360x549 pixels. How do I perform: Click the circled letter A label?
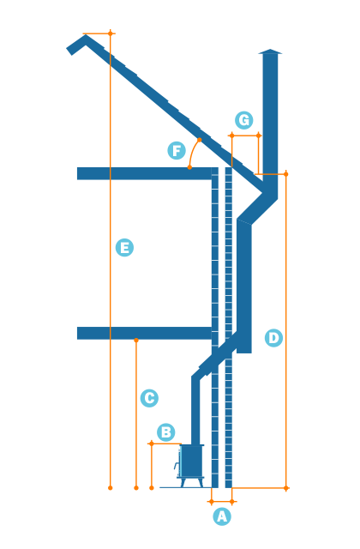(x=222, y=516)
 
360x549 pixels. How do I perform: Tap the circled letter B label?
(x=166, y=432)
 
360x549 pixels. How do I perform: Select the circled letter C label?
(x=149, y=398)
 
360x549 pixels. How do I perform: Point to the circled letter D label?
(x=273, y=338)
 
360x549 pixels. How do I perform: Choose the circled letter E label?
(x=124, y=248)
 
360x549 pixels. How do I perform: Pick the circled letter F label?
(x=177, y=151)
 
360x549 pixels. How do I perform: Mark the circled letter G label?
(x=244, y=120)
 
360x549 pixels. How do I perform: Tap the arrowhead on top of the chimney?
(x=270, y=54)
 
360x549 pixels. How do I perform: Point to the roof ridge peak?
(x=83, y=39)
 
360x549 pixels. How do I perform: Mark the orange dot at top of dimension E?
(x=111, y=33)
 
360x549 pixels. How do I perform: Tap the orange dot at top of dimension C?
(x=136, y=341)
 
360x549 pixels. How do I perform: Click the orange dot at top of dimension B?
(x=152, y=443)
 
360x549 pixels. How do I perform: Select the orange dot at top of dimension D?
(x=286, y=174)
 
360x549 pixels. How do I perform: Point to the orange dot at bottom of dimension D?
(x=286, y=488)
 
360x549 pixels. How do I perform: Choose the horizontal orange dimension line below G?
(x=245, y=135)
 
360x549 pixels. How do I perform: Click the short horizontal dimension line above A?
(x=222, y=501)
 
